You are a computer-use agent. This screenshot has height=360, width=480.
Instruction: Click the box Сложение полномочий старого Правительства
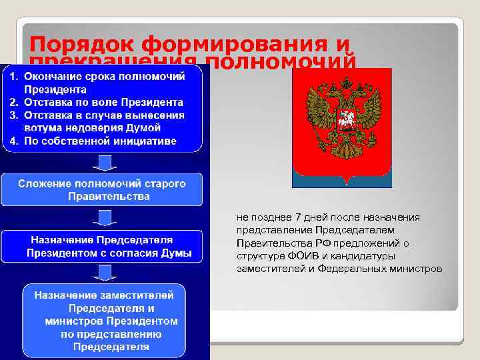(x=102, y=190)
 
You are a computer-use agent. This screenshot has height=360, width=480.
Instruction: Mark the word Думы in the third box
(x=177, y=253)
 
